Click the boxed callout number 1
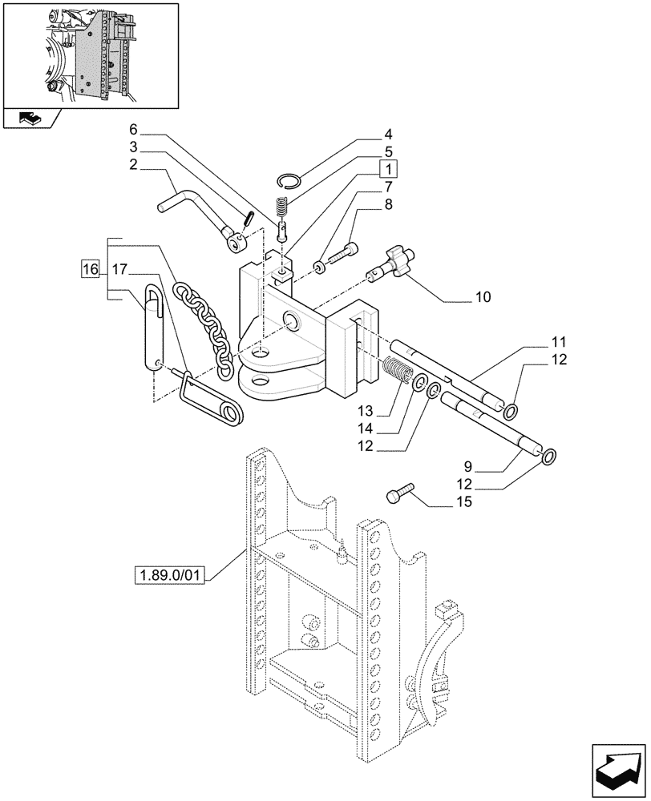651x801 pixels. pos(387,169)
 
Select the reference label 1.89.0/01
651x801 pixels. pos(172,576)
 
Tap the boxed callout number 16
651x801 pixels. pos(89,269)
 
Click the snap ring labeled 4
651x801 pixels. pos(291,181)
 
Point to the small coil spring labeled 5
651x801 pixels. pos(281,206)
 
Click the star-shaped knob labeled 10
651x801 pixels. pos(393,265)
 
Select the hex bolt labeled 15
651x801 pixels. pos(399,495)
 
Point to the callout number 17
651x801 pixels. pos(119,269)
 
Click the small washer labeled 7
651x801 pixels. pos(320,266)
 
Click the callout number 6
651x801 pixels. pos(133,129)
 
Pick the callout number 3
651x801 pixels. pos(133,147)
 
